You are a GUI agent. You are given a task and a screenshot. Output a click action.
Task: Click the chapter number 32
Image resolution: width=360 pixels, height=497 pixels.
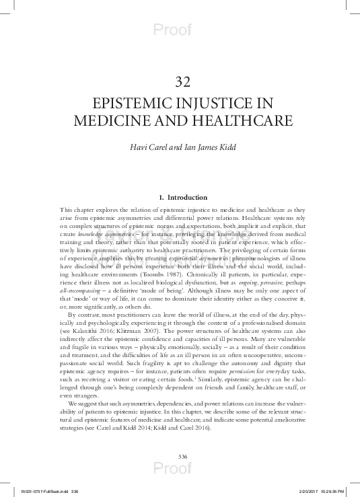click(180, 83)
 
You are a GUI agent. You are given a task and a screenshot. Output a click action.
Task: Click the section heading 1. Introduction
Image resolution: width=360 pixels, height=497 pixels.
click(180, 198)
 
